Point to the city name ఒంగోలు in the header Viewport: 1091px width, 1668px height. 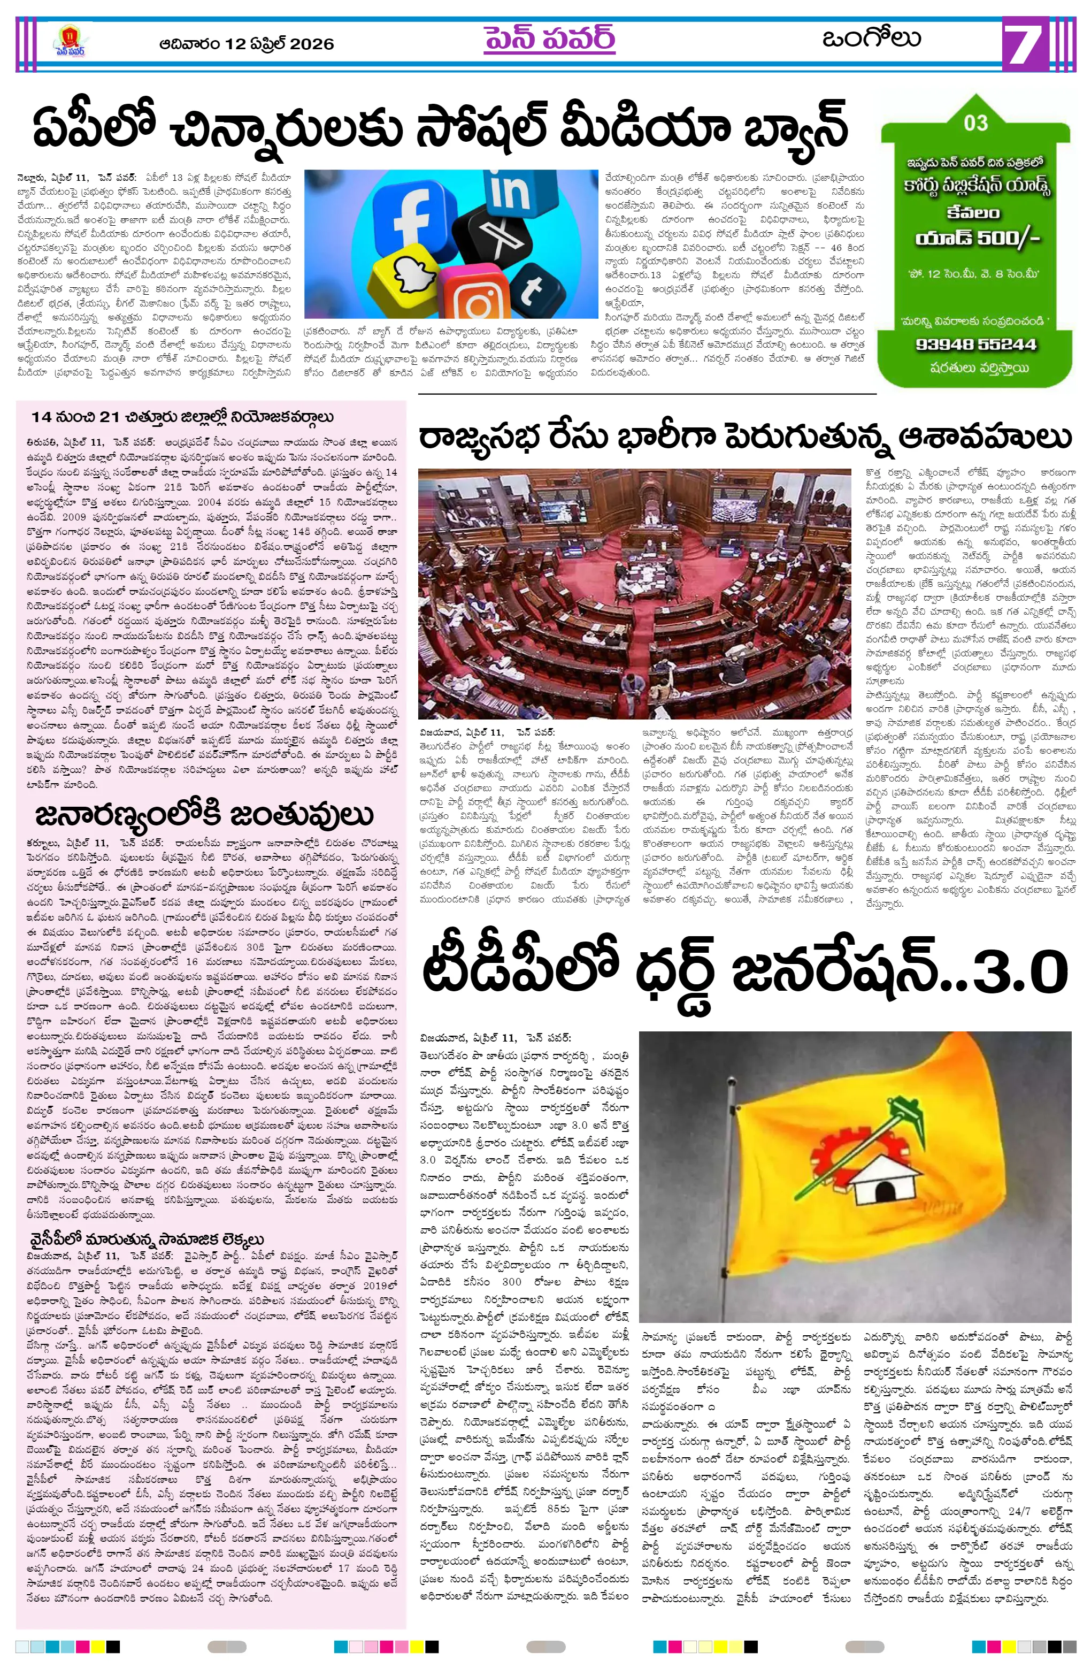pyautogui.click(x=871, y=39)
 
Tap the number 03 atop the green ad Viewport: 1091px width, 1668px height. pyautogui.click(x=975, y=124)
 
